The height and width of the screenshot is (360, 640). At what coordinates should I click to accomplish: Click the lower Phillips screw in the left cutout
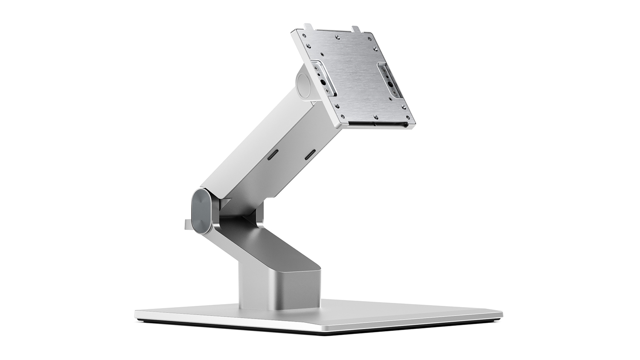coord(327,91)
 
